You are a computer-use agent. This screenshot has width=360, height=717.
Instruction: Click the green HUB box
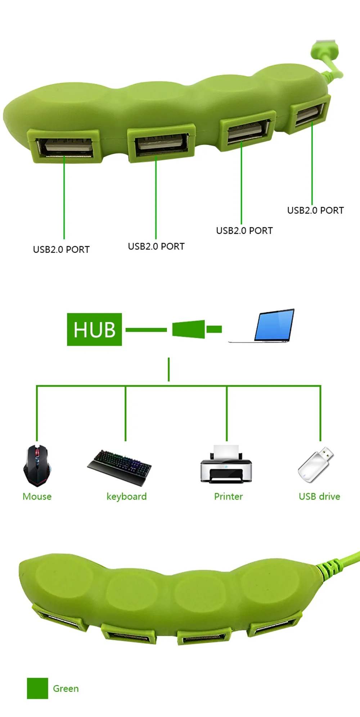click(94, 329)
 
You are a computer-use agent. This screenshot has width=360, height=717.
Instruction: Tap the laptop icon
click(262, 325)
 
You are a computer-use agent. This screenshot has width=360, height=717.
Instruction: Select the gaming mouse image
click(37, 466)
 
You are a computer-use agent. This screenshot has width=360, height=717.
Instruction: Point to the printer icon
click(226, 463)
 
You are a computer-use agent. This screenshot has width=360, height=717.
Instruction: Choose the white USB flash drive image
click(316, 464)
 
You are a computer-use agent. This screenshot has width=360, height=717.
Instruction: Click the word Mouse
click(37, 496)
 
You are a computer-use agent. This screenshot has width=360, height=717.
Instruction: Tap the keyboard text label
click(127, 497)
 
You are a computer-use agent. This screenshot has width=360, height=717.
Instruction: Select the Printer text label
click(228, 496)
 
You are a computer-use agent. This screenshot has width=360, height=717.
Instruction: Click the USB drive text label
click(319, 496)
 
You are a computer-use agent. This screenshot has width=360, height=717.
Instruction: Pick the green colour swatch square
click(37, 688)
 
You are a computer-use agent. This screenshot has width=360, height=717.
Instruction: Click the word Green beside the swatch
click(66, 688)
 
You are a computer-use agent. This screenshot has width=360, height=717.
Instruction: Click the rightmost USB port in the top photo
click(310, 114)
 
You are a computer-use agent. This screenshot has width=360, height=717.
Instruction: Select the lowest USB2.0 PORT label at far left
click(61, 249)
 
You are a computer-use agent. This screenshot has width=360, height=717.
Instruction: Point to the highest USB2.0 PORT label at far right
click(315, 210)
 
